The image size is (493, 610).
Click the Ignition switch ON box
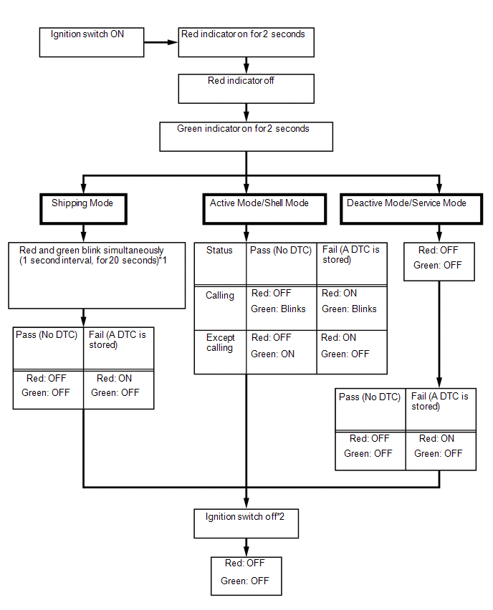(92, 42)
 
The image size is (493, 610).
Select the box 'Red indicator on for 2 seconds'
(246, 42)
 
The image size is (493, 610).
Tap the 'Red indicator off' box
(246, 89)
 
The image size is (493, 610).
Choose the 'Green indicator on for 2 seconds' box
(246, 137)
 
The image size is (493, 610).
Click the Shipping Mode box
(83, 209)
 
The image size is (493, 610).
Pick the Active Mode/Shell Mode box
(265, 209)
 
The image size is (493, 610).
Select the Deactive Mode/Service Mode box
(411, 209)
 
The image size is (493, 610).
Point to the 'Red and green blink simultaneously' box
(97, 276)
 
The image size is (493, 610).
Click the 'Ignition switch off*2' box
(246, 523)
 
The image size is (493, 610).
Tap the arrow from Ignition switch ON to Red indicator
(161, 42)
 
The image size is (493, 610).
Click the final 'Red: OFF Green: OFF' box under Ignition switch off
(246, 576)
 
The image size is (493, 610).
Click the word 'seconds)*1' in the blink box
(145, 261)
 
